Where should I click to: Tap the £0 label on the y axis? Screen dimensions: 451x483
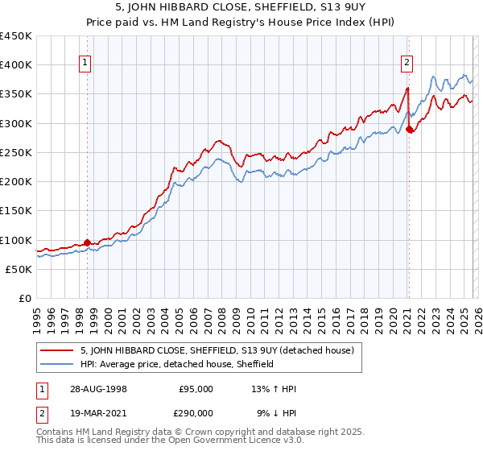pyautogui.click(x=27, y=299)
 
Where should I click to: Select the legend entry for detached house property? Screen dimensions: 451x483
pyautogui.click(x=221, y=350)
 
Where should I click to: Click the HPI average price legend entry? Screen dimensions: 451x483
pyautogui.click(x=177, y=365)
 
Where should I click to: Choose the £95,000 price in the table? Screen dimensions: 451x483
pyautogui.click(x=196, y=388)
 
